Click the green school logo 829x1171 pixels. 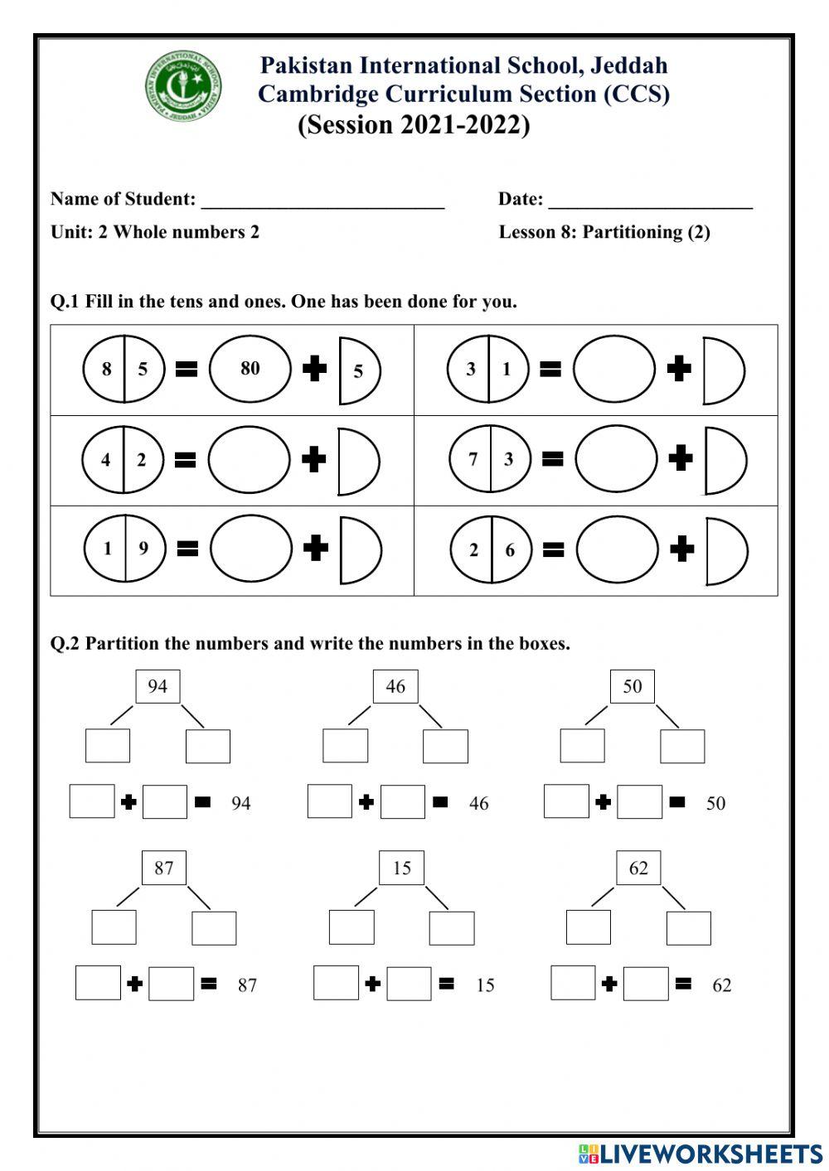[184, 86]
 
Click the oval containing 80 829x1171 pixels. [250, 369]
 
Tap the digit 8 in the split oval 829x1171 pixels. [106, 370]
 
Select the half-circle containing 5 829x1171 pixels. [357, 370]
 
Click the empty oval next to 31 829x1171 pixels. [613, 370]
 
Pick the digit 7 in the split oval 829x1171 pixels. [473, 459]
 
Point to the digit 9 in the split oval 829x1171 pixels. [143, 549]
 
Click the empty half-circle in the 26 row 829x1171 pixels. [724, 550]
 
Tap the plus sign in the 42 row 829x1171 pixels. [313, 459]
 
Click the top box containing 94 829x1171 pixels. [158, 686]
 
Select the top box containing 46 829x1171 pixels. [395, 686]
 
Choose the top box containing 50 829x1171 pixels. [633, 686]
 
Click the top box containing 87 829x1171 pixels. [164, 868]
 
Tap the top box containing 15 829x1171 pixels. [402, 868]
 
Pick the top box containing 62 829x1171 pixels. [638, 868]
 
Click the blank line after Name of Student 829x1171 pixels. [322, 201]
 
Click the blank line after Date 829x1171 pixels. [650, 201]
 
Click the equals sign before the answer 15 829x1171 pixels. [446, 984]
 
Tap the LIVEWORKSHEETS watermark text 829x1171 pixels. [710, 1153]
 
